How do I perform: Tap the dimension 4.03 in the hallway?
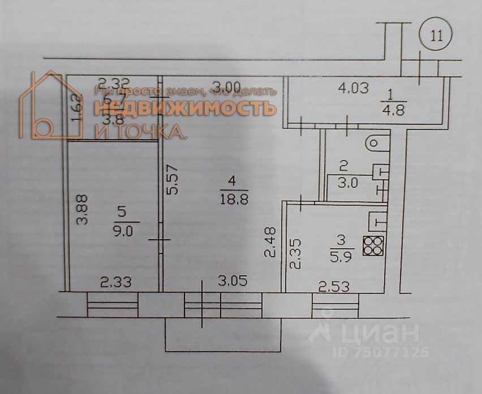click(x=354, y=88)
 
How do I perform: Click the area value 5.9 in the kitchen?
click(x=341, y=255)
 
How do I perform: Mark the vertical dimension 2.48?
click(x=271, y=243)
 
